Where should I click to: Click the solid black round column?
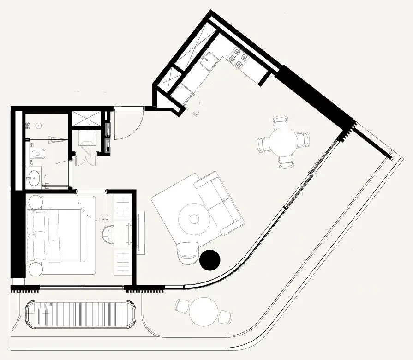click(x=210, y=260)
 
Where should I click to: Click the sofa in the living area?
click(x=220, y=204)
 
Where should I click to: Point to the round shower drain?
click(x=39, y=125)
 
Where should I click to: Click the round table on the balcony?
click(x=203, y=310)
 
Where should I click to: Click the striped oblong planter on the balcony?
click(x=80, y=314)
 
